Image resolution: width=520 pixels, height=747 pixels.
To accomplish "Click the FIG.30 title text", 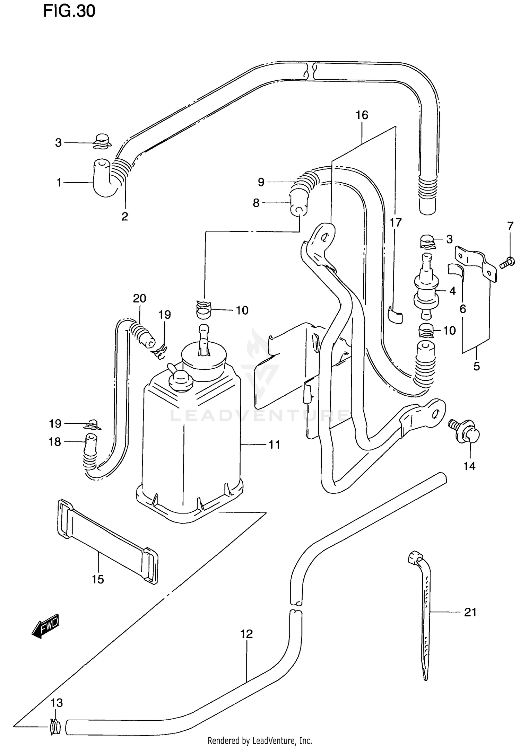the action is coord(69,11).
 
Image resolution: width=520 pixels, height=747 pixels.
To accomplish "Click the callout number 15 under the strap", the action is coord(98,579).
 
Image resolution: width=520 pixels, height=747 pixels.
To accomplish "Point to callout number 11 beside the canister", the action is coord(274,445).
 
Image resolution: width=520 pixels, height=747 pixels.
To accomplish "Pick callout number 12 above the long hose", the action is coord(246,634).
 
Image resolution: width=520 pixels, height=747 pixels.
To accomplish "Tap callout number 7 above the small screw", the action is coord(510,226).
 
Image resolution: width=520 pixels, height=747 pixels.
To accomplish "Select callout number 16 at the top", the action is coord(362,115).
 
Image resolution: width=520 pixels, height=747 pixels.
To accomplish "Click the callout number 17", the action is coord(396,222).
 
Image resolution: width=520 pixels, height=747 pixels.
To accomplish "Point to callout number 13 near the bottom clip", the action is coord(57,703).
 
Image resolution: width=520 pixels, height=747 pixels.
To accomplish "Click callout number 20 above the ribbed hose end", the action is coord(139,298).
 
